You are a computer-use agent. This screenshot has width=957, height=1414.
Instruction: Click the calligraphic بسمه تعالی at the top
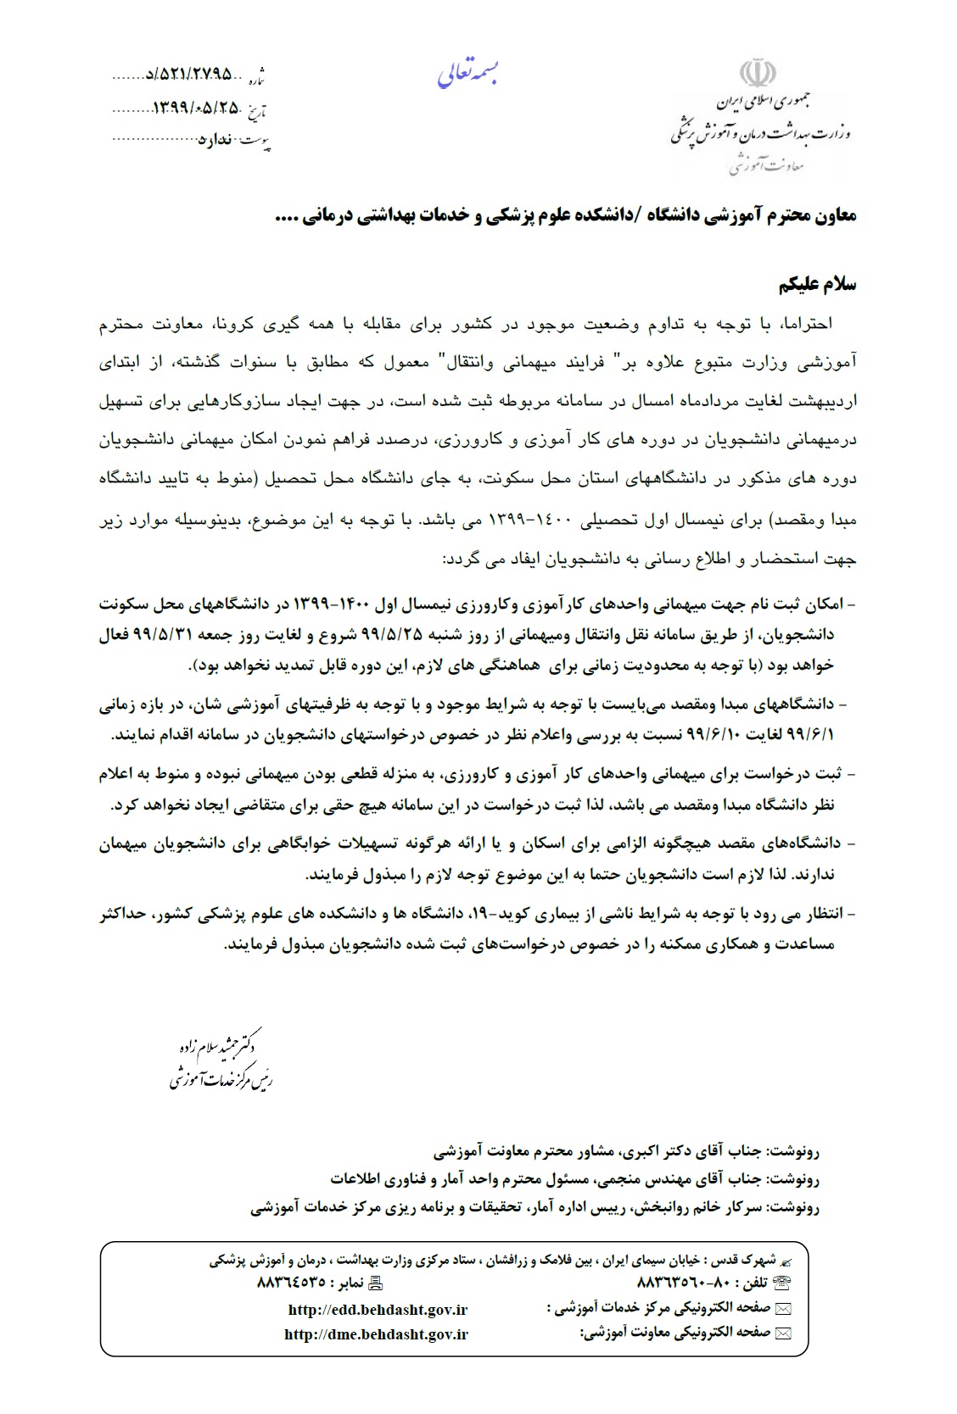coord(467,75)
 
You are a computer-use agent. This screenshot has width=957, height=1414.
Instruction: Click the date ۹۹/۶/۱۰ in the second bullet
coord(181,735)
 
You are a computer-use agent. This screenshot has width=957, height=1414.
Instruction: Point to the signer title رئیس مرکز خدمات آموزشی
coord(221,1079)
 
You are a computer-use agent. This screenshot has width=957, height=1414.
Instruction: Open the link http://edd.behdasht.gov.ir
coord(378,1310)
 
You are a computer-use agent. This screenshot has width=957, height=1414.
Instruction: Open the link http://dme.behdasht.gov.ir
coord(376,1334)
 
